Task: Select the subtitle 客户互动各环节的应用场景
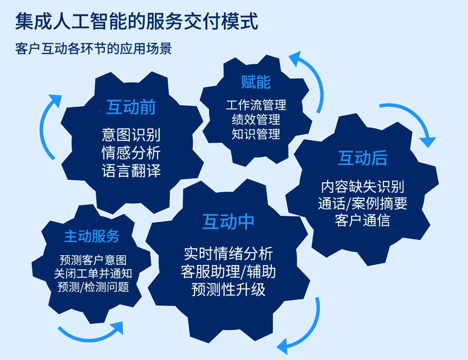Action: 93,49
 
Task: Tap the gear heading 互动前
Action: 131,108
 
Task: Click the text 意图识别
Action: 131,135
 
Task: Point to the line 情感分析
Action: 131,153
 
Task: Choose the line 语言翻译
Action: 131,170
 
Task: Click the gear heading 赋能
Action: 256,83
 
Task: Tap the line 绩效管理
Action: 256,120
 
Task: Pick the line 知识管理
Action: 256,135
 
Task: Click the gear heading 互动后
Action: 363,159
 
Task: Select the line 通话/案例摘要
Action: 363,203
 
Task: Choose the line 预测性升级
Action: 228,289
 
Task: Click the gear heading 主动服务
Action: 92,237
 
